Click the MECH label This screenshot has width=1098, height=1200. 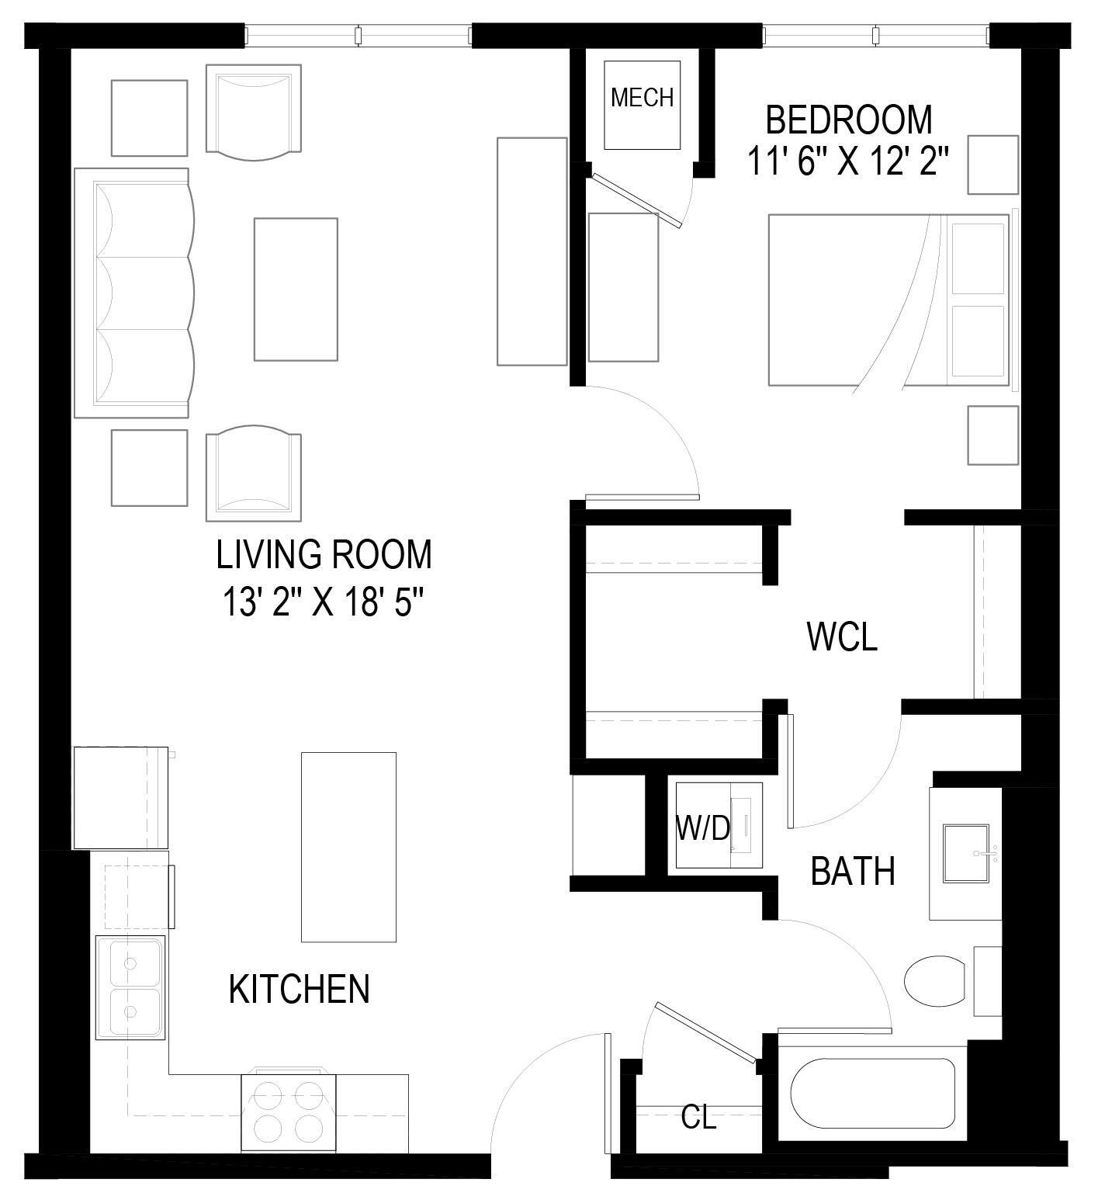coord(642,98)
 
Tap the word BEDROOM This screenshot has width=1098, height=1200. coord(849,120)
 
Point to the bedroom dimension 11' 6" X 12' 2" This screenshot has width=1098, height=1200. coord(849,162)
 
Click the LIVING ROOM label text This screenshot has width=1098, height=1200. coord(324,555)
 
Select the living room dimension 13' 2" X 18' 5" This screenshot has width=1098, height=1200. coord(324,601)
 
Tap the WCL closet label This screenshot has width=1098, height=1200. coord(842,636)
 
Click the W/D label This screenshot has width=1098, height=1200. coord(703,829)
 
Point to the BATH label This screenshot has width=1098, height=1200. coord(852,871)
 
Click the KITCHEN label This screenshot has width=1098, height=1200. coord(299,989)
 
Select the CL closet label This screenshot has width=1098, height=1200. coord(698,1118)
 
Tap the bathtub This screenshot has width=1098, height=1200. coord(872,1092)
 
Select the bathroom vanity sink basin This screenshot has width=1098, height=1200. coord(967,853)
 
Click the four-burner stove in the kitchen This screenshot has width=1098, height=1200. coord(289,1112)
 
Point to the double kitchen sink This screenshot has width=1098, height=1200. coord(130,987)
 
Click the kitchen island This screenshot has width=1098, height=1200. coord(348,847)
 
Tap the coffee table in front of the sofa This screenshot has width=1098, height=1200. coord(296,290)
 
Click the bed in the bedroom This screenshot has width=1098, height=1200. coord(888,300)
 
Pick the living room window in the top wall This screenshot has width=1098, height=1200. coord(358,35)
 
